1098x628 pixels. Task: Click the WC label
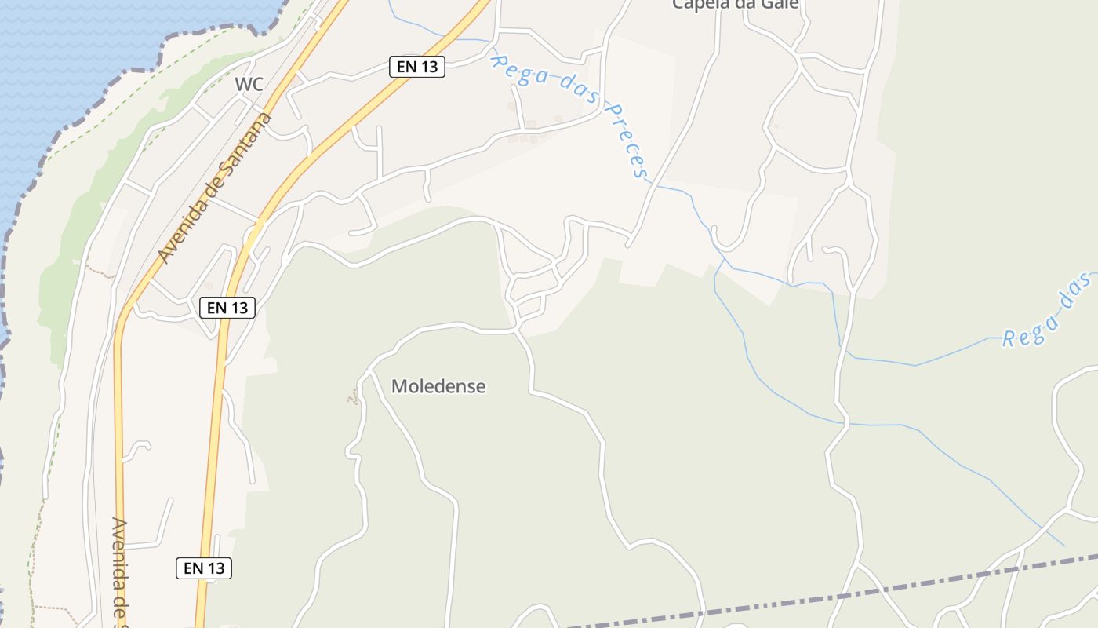coord(249,84)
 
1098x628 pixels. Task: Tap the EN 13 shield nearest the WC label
coord(417,67)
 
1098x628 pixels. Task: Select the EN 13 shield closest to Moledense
coord(228,308)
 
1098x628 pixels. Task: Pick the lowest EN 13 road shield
coord(204,568)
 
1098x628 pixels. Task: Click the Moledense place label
coord(438,386)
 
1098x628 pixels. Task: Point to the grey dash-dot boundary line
coord(863,590)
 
